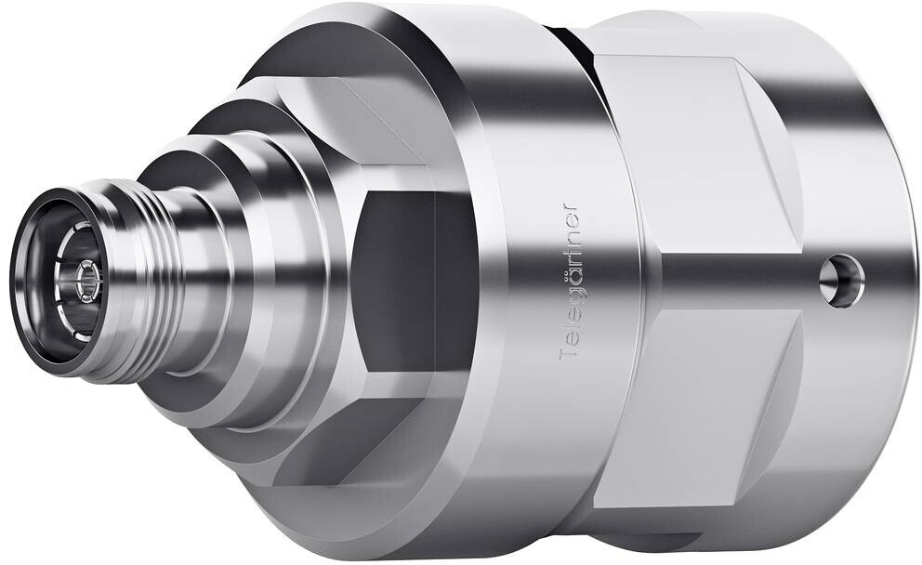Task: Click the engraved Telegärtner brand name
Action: (x=569, y=282)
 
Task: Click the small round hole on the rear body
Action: (x=841, y=281)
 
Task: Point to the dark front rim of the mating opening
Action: (x=23, y=276)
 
